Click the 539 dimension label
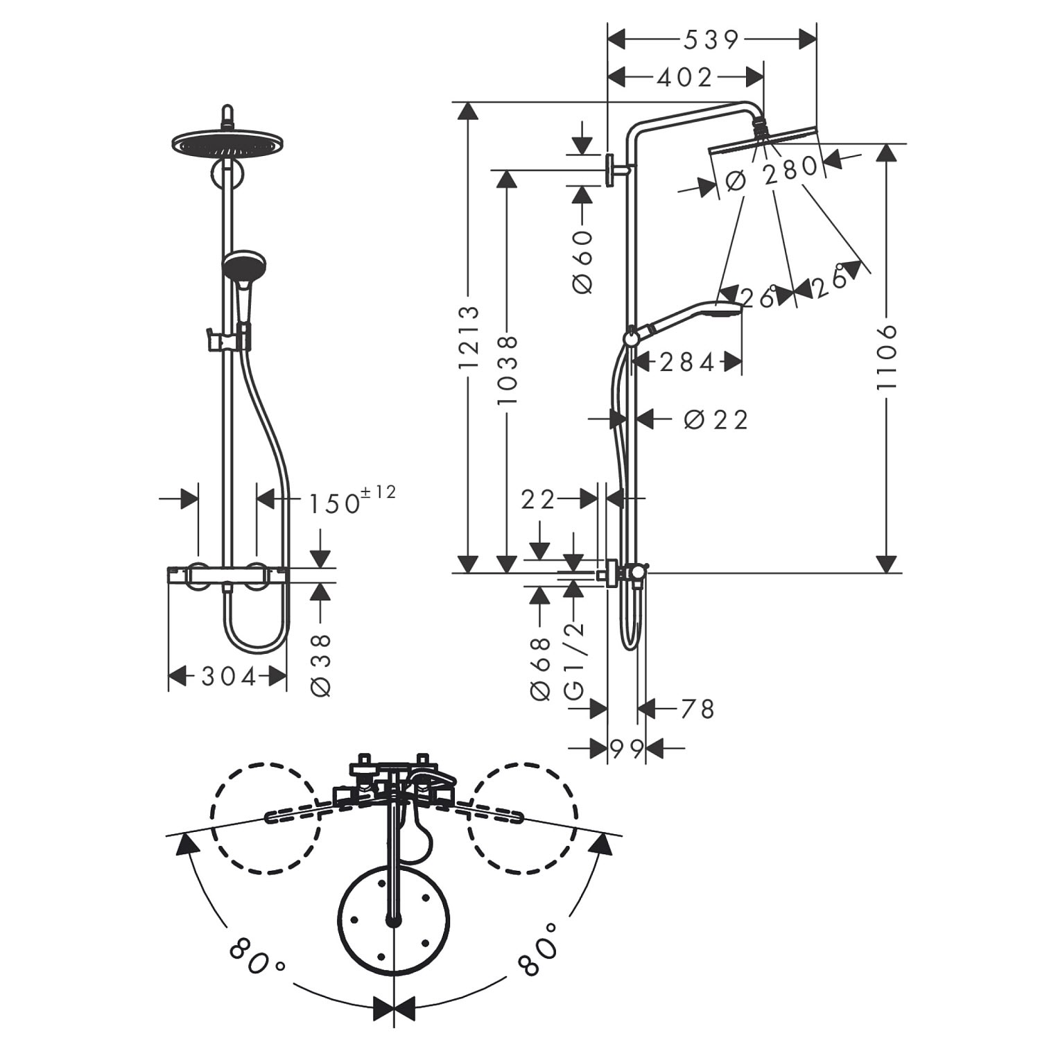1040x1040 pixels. [x=711, y=40]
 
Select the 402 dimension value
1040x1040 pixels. [x=685, y=77]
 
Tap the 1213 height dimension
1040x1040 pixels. [x=469, y=338]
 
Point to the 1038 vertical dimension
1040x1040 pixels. [x=508, y=370]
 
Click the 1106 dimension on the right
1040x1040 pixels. [x=887, y=356]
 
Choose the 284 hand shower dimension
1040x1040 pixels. [x=686, y=362]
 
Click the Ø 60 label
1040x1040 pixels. [x=584, y=261]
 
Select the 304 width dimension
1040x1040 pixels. [x=229, y=676]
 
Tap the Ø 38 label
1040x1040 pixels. [x=322, y=665]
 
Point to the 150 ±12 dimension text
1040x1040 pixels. [x=352, y=501]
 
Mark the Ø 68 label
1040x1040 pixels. [x=540, y=668]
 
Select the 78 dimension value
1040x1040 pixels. [x=697, y=709]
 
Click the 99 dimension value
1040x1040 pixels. [x=627, y=748]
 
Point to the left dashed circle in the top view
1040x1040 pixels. [x=266, y=817]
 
